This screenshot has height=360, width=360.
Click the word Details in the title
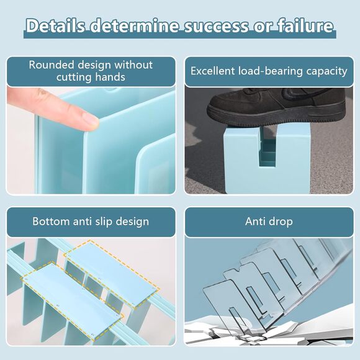point(55,25)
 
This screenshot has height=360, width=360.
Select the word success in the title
point(216,26)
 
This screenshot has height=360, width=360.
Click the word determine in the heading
point(134,25)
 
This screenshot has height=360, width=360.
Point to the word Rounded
point(51,65)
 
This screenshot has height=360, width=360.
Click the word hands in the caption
point(110,77)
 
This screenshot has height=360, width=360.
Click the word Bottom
point(51,222)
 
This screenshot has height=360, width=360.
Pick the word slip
point(104,222)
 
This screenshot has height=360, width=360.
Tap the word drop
point(281,222)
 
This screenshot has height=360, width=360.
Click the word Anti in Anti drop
point(256,222)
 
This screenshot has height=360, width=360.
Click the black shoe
point(276,107)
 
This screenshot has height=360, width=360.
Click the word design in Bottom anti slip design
point(132,222)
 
